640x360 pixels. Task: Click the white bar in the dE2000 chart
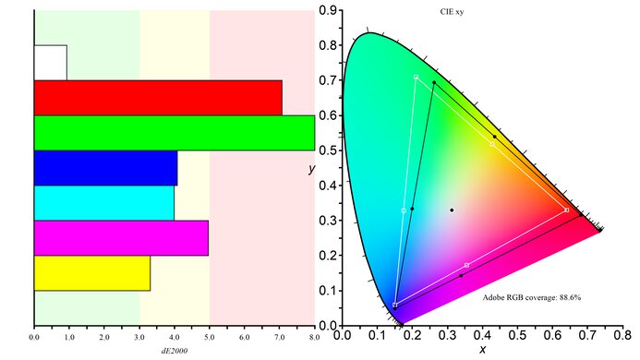[x=50, y=62]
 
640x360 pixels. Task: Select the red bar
[x=158, y=97]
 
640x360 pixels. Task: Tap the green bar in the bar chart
[x=174, y=132]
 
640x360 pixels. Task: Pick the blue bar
[x=105, y=168]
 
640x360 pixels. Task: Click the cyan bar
[x=103, y=203]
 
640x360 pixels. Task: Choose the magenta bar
[x=121, y=238]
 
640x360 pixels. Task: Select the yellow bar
[x=91, y=273]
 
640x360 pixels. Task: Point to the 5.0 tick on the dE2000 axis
[x=210, y=339]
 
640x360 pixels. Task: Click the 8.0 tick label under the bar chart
[x=314, y=339]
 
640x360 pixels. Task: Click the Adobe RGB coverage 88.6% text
[x=531, y=298]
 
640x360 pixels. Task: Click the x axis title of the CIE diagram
[x=482, y=350]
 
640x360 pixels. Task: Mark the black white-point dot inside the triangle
[x=452, y=210]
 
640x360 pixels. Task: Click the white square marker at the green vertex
[x=416, y=77]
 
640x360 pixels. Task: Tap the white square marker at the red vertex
[x=566, y=210]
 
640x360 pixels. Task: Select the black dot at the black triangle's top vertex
[x=434, y=83]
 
